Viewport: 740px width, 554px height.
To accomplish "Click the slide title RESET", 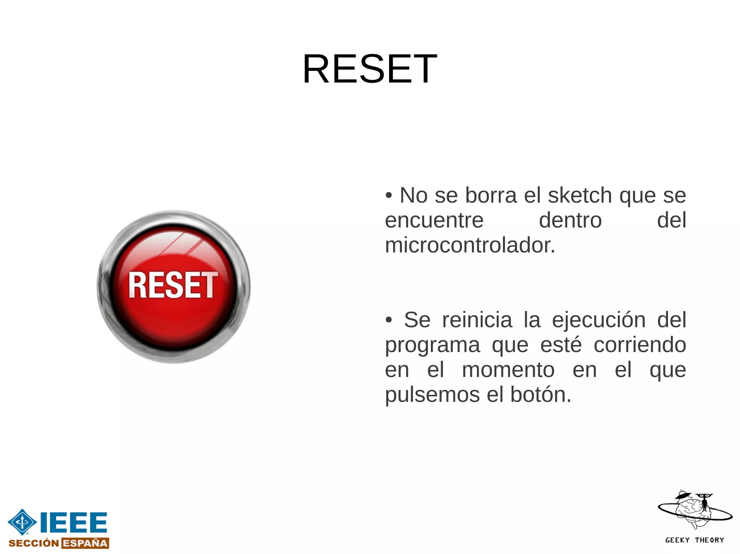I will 370,69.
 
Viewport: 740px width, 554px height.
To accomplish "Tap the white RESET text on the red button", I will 173,285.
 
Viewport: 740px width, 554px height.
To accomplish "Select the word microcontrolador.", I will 469,245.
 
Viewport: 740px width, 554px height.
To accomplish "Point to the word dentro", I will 570,220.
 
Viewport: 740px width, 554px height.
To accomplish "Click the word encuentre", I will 434,220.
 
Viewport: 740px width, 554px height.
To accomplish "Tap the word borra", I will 490,195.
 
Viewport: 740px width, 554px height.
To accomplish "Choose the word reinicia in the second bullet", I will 477,320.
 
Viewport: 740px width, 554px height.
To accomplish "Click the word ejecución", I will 598,320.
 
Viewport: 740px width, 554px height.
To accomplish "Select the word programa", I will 432,345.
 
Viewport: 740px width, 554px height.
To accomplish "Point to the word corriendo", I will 640,345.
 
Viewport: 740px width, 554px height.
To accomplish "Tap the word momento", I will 508,370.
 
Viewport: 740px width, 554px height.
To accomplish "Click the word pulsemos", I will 432,395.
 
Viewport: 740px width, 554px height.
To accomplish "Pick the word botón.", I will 540,394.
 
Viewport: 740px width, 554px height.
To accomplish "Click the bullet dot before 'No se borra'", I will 388,196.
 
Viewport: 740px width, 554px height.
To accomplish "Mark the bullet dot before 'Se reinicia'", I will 388,320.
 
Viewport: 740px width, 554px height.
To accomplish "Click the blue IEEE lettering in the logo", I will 74,522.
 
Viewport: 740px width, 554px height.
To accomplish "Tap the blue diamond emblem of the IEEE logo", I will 22,522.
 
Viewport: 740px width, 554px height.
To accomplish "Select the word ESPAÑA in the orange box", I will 85,543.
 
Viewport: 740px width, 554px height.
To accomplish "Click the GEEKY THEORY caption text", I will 694,540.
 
